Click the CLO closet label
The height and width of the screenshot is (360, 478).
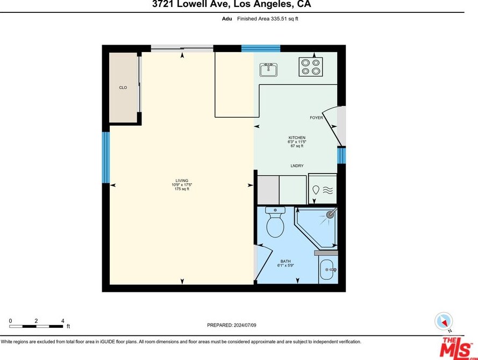[123, 88]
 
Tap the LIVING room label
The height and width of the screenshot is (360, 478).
[182, 181]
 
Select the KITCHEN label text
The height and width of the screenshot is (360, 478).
[297, 138]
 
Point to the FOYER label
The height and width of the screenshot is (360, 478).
[316, 118]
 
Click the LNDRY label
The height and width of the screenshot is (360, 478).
[297, 165]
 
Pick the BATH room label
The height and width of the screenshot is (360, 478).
[286, 261]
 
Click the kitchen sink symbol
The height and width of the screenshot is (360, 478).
[268, 70]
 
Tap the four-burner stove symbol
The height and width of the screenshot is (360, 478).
[311, 67]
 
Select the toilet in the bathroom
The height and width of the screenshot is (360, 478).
[275, 222]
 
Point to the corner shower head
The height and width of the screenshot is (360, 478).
[331, 214]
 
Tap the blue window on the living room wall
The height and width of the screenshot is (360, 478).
[105, 157]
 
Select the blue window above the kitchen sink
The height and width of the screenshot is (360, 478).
[261, 48]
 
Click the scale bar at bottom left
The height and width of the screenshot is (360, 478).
[36, 327]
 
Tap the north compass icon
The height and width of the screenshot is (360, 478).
[444, 321]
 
